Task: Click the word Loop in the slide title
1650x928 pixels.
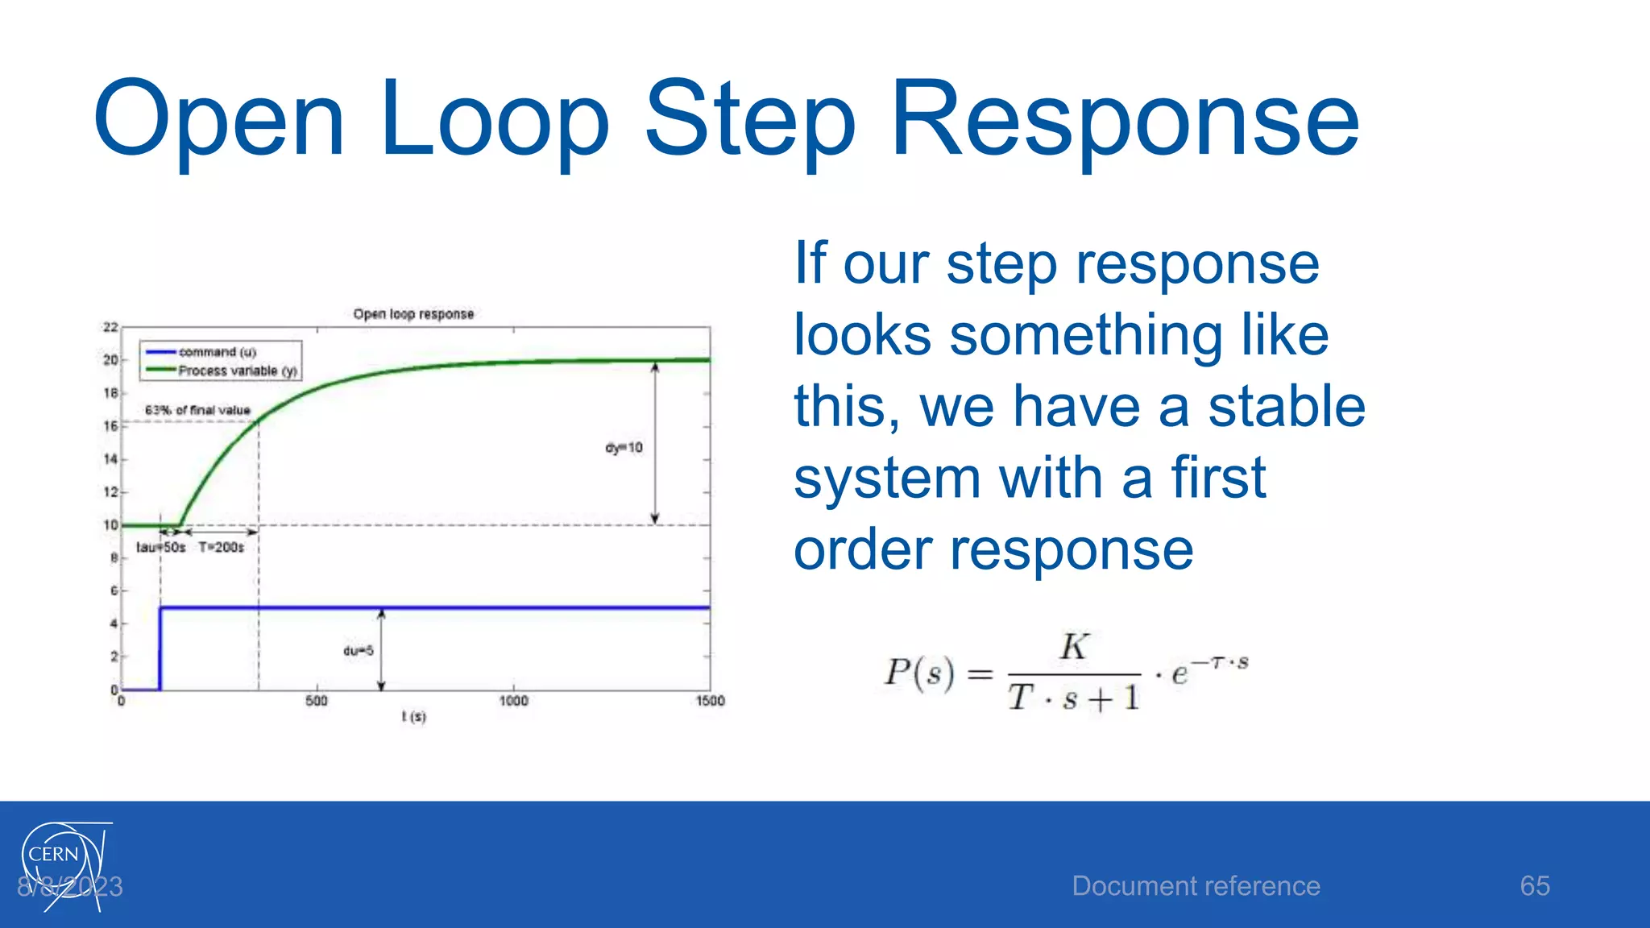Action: pyautogui.click(x=494, y=119)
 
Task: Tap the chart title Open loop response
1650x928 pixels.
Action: pyautogui.click(x=413, y=314)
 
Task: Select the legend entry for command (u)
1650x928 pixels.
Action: pyautogui.click(x=217, y=352)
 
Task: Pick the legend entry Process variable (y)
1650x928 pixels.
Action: pyautogui.click(x=237, y=371)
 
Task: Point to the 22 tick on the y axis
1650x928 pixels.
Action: pyautogui.click(x=110, y=327)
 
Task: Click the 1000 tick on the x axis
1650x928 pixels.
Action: pyautogui.click(x=513, y=701)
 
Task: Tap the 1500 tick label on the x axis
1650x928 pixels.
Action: pyautogui.click(x=710, y=701)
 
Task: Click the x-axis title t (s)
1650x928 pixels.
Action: pyautogui.click(x=413, y=716)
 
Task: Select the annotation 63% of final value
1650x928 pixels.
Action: pyautogui.click(x=197, y=410)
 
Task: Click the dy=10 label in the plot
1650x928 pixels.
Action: pyautogui.click(x=624, y=448)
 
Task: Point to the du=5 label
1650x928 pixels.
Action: pyautogui.click(x=359, y=651)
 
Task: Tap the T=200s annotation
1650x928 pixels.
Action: pyautogui.click(x=222, y=548)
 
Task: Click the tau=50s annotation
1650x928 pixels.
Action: pyautogui.click(x=160, y=548)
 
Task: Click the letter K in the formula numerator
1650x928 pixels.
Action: pyautogui.click(x=1074, y=647)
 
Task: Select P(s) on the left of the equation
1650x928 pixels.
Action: pyautogui.click(x=919, y=673)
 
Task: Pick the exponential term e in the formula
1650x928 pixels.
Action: pyautogui.click(x=1179, y=673)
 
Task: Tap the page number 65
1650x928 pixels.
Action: pyautogui.click(x=1535, y=886)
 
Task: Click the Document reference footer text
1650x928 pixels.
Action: pyautogui.click(x=1196, y=886)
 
